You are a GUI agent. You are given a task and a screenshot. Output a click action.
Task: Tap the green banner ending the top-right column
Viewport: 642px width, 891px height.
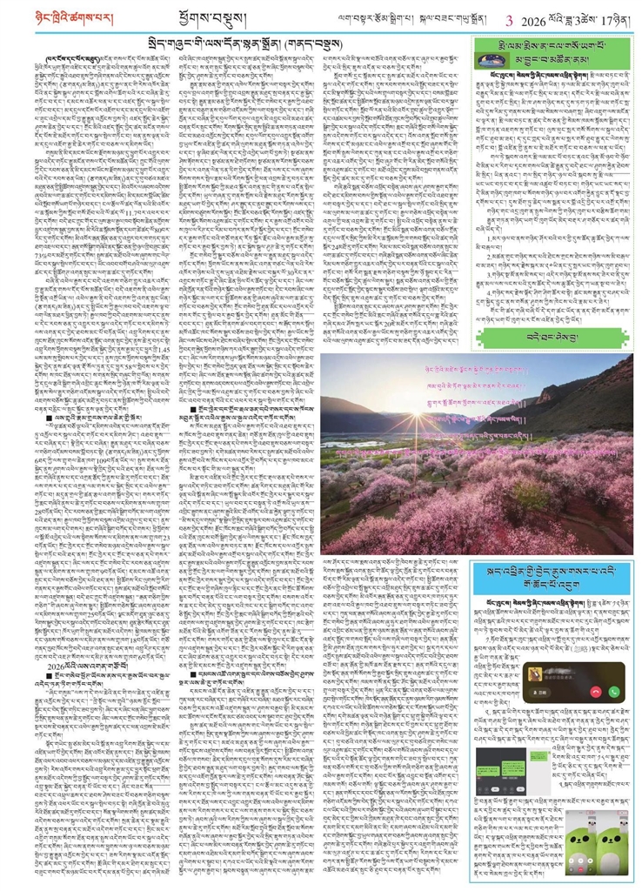click(x=553, y=336)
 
